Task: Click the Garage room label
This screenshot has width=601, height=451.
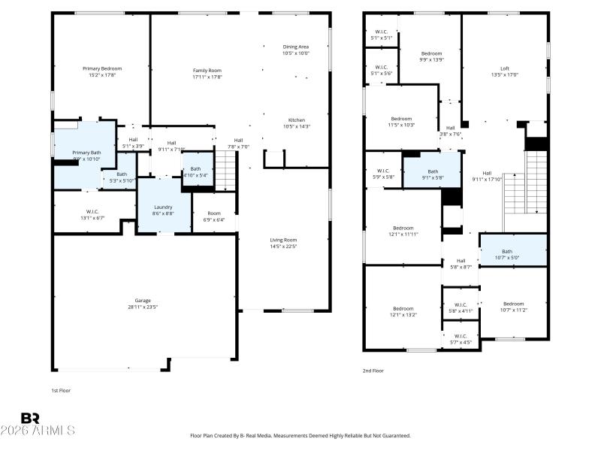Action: click(x=143, y=301)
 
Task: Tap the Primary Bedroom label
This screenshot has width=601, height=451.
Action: click(x=102, y=68)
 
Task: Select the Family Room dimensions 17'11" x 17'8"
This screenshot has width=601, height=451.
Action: click(x=207, y=77)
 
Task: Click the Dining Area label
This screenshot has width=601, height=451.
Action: click(x=295, y=47)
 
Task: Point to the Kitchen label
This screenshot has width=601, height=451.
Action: click(x=296, y=120)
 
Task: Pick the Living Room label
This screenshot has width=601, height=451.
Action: click(x=284, y=240)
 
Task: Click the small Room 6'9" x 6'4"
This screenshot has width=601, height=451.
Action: click(x=214, y=216)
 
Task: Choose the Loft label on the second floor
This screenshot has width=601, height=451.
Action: click(x=505, y=68)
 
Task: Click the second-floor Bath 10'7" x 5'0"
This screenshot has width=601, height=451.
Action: click(x=507, y=255)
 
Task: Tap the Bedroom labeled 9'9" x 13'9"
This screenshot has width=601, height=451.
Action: click(x=431, y=53)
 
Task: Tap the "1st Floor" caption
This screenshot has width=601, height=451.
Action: click(x=61, y=391)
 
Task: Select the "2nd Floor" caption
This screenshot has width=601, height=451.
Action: click(x=373, y=371)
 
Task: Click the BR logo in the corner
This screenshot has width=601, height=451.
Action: click(x=31, y=418)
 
